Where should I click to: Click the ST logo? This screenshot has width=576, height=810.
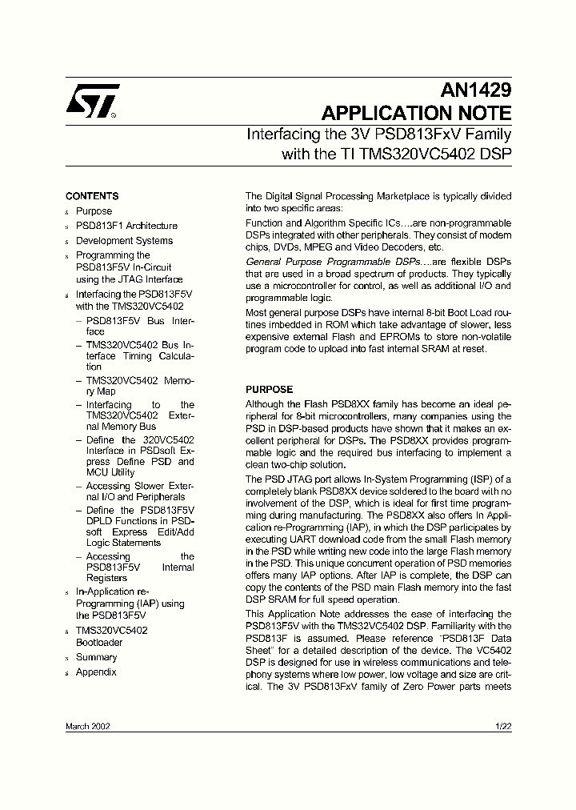click(x=93, y=102)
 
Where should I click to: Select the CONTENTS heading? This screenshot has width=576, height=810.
click(x=92, y=196)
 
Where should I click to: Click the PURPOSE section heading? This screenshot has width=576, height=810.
click(x=269, y=390)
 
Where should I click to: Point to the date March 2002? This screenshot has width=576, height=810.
click(x=88, y=725)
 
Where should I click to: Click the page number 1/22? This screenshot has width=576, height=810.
click(x=503, y=725)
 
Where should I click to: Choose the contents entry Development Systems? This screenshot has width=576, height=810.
click(x=124, y=241)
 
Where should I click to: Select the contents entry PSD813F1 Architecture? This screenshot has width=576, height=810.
click(x=126, y=227)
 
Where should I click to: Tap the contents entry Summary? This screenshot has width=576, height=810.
click(x=96, y=657)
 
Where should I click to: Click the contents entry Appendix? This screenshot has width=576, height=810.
click(x=96, y=672)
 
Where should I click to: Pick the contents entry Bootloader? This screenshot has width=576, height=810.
click(x=99, y=643)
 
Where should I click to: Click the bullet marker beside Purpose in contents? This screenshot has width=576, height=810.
click(x=67, y=212)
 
